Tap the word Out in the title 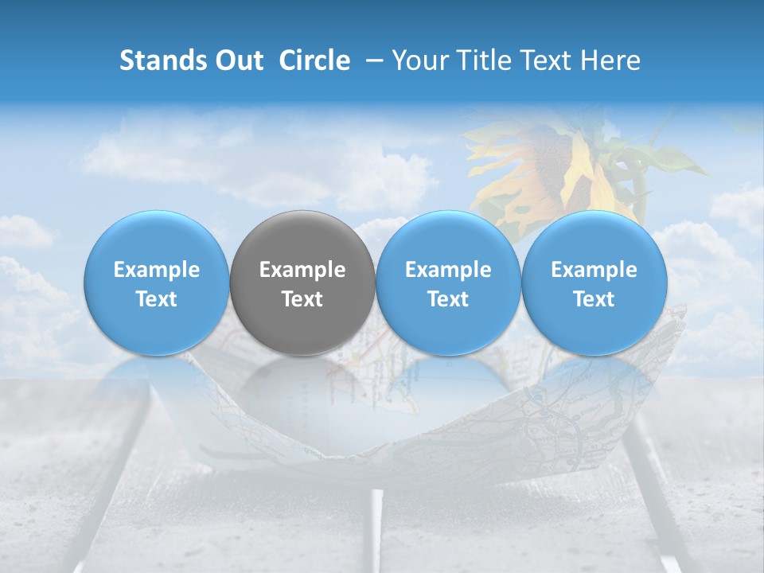236,60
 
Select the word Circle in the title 314,60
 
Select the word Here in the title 609,60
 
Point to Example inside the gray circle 302,270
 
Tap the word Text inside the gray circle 302,299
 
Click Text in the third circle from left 448,299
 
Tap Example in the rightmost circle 594,270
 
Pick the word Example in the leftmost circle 156,270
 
